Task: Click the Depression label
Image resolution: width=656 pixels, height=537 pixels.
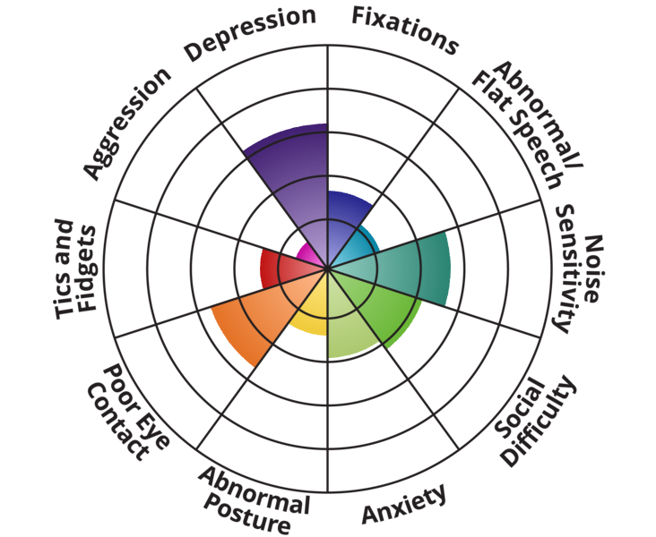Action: pyautogui.click(x=250, y=34)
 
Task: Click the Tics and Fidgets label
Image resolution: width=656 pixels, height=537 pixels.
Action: pyautogui.click(x=76, y=268)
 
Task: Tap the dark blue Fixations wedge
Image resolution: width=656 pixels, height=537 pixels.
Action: pyautogui.click(x=345, y=215)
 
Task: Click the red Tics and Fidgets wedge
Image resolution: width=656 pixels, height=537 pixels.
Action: pyautogui.click(x=278, y=268)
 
